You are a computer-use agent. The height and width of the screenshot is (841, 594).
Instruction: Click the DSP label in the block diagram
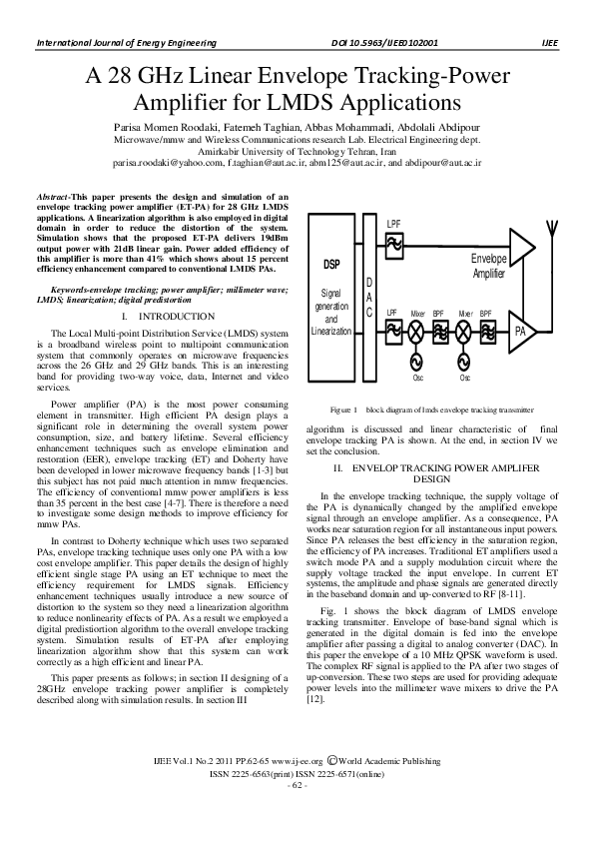(332, 265)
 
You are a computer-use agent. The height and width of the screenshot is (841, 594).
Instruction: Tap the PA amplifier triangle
(521, 330)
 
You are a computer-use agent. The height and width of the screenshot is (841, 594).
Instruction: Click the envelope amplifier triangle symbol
(521, 245)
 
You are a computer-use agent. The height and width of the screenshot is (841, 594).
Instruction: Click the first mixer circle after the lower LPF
(417, 331)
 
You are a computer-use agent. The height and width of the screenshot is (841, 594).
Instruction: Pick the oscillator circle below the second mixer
(464, 363)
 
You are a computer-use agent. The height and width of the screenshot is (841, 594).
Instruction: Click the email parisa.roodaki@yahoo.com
(161, 160)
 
